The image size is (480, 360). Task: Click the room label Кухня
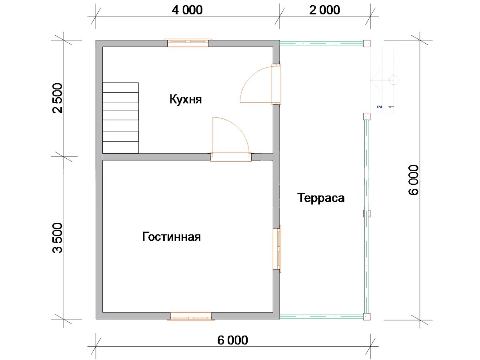[186, 100]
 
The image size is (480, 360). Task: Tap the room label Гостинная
[172, 236]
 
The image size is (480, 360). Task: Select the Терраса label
[321, 198]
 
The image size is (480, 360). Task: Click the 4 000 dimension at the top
[187, 10]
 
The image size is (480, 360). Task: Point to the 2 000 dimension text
[324, 10]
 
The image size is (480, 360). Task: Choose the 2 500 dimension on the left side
[58, 98]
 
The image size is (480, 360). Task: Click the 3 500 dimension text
[58, 238]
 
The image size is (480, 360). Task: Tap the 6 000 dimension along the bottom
[233, 340]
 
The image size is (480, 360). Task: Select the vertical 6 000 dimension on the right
[413, 180]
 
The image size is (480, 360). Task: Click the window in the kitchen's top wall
[188, 43]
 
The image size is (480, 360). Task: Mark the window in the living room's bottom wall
[191, 316]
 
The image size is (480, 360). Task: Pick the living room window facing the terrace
[277, 249]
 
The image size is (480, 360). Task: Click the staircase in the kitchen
[120, 118]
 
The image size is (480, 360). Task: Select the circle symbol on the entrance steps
[394, 80]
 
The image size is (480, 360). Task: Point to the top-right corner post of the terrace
[367, 44]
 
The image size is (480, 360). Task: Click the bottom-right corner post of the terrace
[367, 316]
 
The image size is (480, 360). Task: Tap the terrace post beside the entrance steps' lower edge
[367, 116]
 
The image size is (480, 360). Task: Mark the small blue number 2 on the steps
[380, 107]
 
